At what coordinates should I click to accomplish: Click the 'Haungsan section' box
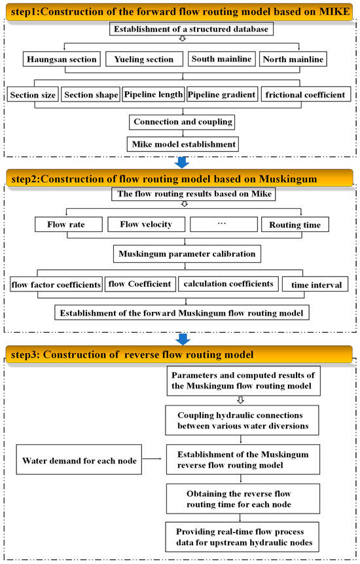point(62,60)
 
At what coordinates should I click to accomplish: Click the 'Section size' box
point(33,95)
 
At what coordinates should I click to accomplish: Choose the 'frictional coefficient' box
point(304,95)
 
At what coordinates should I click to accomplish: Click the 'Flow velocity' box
point(145,225)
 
